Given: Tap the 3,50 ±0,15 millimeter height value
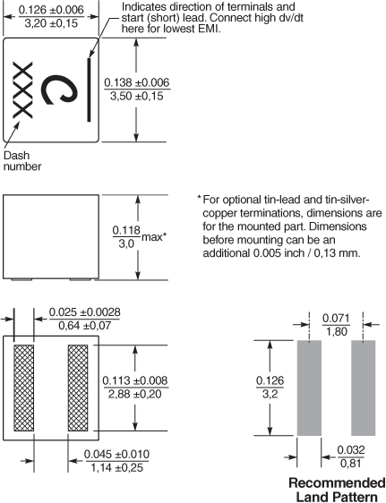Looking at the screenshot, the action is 137,96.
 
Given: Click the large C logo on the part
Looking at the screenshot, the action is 59,90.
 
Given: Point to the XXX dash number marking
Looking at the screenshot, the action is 22,90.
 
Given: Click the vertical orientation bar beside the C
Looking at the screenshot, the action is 89,90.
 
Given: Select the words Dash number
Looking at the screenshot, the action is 22,161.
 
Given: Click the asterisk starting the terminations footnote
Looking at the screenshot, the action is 199,198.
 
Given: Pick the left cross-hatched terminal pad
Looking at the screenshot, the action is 24,388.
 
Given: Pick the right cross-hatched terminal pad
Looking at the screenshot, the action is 78,388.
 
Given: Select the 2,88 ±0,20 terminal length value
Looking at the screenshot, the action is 134,394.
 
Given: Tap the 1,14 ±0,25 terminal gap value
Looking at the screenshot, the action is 116,468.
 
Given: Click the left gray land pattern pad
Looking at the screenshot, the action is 309,388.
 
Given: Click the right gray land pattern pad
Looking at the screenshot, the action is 364,388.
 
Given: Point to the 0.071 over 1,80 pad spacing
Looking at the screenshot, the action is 336,325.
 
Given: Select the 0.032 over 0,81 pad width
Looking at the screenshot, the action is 351,456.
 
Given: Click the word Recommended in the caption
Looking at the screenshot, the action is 337,482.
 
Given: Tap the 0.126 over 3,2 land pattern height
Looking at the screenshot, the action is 270,388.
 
